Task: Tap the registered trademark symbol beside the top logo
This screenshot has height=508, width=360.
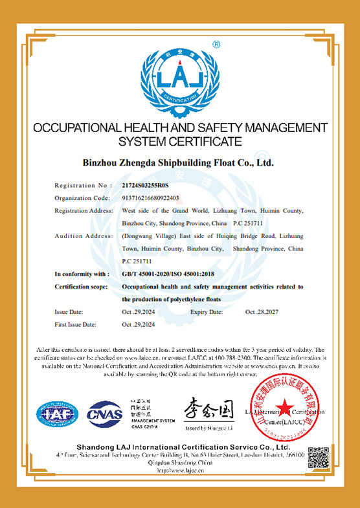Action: pos(216,45)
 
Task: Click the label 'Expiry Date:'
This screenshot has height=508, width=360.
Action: pos(207,312)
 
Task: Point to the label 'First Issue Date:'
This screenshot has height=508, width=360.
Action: pos(76,324)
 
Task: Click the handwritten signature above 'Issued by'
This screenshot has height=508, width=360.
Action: pos(208,409)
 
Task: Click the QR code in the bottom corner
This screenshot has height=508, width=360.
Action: pos(320,459)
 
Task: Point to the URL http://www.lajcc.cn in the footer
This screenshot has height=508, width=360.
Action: pos(179,470)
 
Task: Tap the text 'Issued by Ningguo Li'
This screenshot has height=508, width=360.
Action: pos(209,428)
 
